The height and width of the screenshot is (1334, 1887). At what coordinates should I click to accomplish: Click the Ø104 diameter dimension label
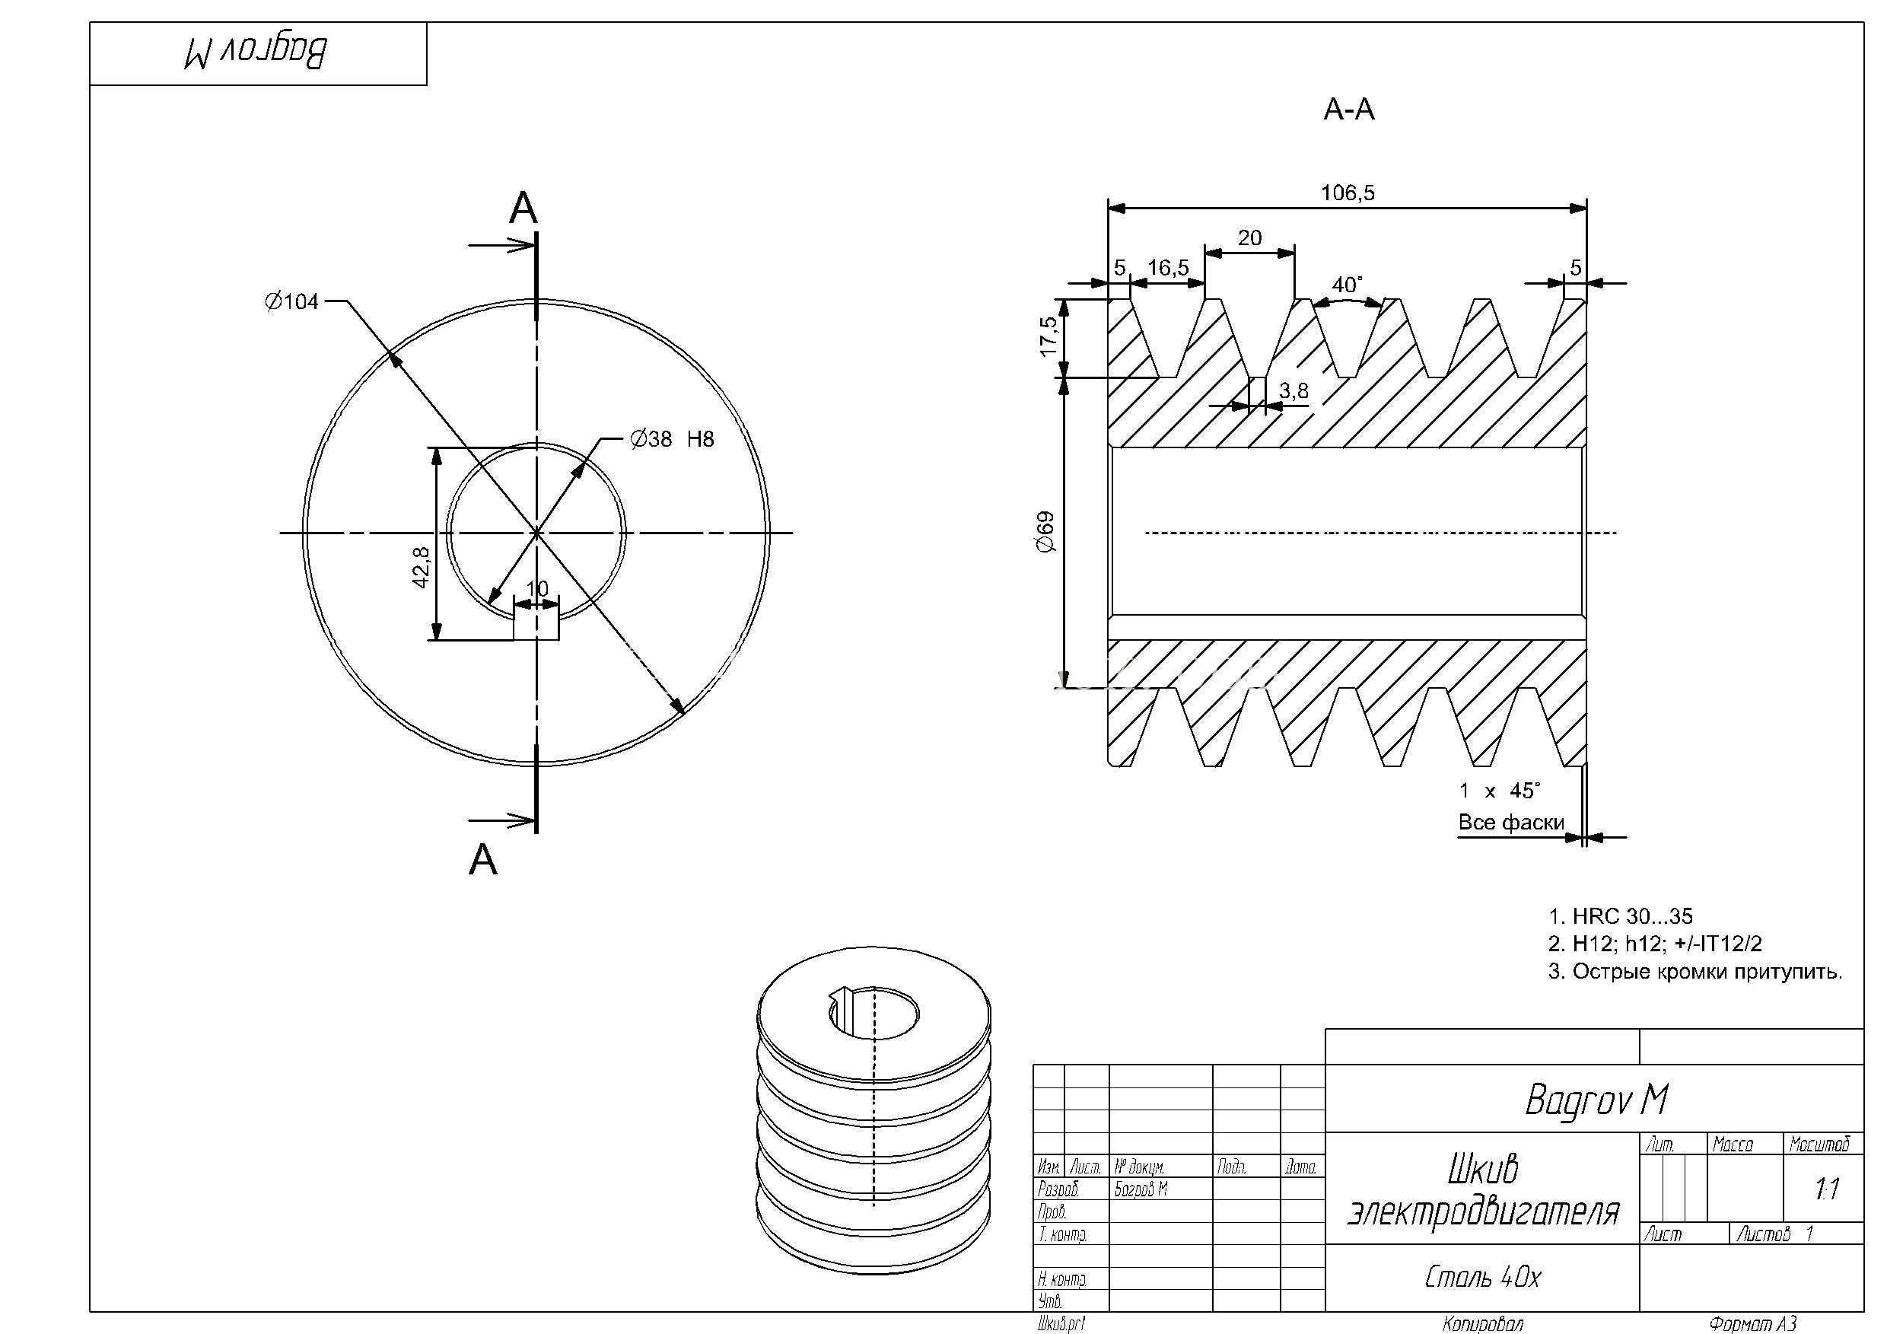coord(291,301)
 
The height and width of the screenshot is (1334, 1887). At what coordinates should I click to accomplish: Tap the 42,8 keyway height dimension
coord(421,567)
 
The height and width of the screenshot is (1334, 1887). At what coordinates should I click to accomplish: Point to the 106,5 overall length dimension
coord(1347,193)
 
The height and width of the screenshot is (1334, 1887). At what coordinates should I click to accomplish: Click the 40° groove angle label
coord(1347,285)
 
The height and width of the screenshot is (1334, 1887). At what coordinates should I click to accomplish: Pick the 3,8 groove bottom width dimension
coord(1294,390)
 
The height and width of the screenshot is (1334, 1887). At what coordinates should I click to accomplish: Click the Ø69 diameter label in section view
coord(1045,532)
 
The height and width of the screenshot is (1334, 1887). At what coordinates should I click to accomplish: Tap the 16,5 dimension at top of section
coord(1168,267)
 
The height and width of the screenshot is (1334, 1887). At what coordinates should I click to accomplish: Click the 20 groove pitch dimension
coord(1249,237)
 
